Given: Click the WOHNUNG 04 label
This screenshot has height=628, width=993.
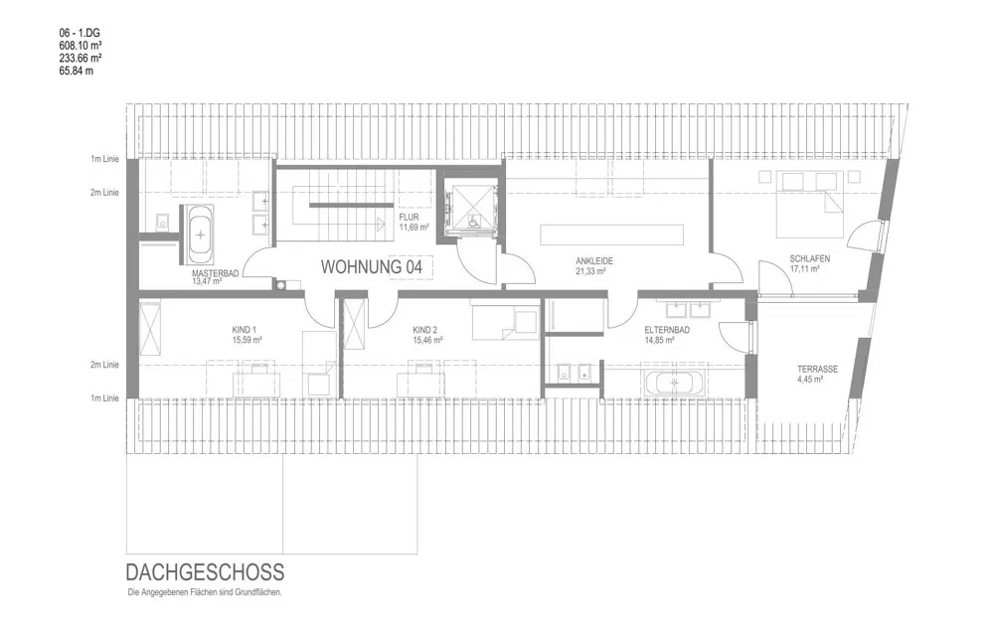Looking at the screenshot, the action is (x=371, y=266).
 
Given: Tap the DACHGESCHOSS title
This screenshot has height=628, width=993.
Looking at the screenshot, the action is (x=205, y=572).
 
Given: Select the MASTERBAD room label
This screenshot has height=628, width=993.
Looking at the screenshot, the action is (x=216, y=273).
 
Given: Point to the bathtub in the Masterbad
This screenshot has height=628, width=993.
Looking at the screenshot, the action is (x=201, y=235).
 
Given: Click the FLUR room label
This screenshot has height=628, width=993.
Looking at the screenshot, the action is (x=409, y=218).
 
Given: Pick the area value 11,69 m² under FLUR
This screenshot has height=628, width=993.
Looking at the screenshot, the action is (x=414, y=228).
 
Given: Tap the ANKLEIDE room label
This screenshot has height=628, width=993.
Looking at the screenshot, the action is (x=594, y=260).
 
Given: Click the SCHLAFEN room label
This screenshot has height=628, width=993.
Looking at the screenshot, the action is (x=809, y=258).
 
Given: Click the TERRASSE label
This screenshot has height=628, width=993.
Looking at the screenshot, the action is (x=817, y=369).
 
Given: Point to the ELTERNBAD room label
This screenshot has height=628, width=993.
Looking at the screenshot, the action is (x=667, y=330).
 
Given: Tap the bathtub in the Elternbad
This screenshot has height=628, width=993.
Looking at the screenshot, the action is (x=673, y=383).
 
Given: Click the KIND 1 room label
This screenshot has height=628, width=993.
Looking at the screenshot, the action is (x=244, y=330).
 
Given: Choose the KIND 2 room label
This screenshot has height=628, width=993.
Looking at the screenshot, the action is (x=425, y=330).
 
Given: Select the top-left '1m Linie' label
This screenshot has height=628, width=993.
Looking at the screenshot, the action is (x=104, y=159).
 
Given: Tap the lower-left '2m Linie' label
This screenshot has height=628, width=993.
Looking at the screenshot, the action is (x=104, y=365).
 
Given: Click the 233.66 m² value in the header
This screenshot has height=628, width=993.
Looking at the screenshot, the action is (x=81, y=57).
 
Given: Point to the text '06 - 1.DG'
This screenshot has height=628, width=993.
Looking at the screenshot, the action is (x=80, y=32).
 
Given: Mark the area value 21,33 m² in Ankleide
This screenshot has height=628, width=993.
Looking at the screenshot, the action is (x=590, y=271).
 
